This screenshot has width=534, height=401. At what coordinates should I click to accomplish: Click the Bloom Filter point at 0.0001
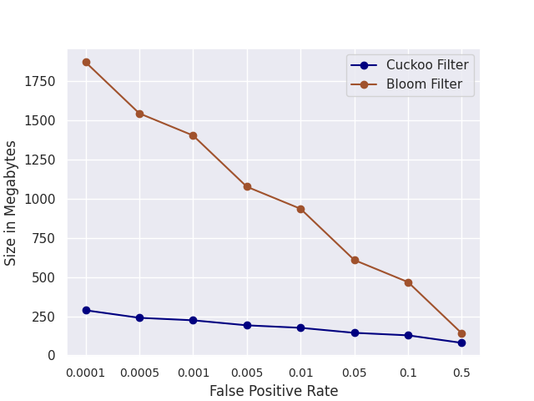86,62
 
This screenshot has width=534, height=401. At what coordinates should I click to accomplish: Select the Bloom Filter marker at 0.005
247,186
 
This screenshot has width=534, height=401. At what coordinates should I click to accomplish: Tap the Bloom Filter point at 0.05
355,260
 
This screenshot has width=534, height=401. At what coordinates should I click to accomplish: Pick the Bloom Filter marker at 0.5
461,333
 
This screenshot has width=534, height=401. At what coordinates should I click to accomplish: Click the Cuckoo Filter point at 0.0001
86,310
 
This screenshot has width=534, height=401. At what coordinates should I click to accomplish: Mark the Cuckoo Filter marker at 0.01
300,327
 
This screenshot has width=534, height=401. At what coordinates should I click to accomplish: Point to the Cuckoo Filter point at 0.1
408,335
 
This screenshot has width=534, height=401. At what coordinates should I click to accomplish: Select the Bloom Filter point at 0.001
193,135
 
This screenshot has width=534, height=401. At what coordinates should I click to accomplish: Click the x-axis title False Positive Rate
274,391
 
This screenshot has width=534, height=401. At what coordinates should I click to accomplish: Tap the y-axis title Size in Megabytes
11,203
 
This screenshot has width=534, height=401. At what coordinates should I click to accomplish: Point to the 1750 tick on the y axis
41,81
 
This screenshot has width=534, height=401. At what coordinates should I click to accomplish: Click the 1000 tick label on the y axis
41,199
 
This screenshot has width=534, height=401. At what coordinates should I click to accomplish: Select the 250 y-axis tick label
44,317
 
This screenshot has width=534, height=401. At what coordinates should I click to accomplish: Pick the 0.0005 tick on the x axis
139,373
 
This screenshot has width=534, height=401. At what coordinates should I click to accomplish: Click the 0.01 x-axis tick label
300,373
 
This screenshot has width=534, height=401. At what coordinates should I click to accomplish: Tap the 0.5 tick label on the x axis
461,373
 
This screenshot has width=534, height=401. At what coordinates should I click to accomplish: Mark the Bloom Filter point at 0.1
408,282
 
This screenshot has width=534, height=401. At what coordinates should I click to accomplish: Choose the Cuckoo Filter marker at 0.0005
139,317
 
